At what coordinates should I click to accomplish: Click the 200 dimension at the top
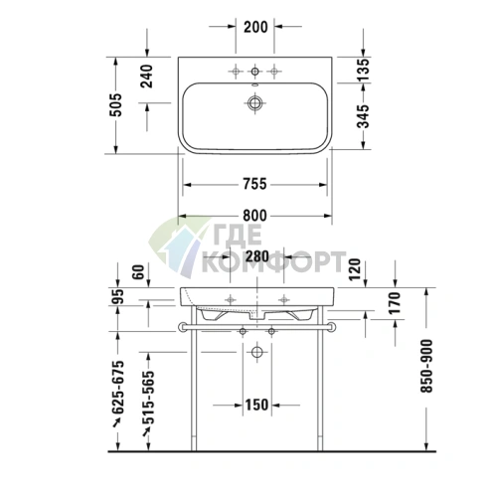[x=255, y=26]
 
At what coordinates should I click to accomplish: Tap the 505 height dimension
[x=116, y=103]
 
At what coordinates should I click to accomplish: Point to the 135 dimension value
[x=364, y=70]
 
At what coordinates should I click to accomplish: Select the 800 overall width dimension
[x=255, y=217]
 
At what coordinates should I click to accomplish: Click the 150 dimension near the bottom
[x=255, y=404]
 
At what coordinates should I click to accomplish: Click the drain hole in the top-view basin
[x=255, y=100]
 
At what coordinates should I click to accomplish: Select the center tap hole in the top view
[x=255, y=71]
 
